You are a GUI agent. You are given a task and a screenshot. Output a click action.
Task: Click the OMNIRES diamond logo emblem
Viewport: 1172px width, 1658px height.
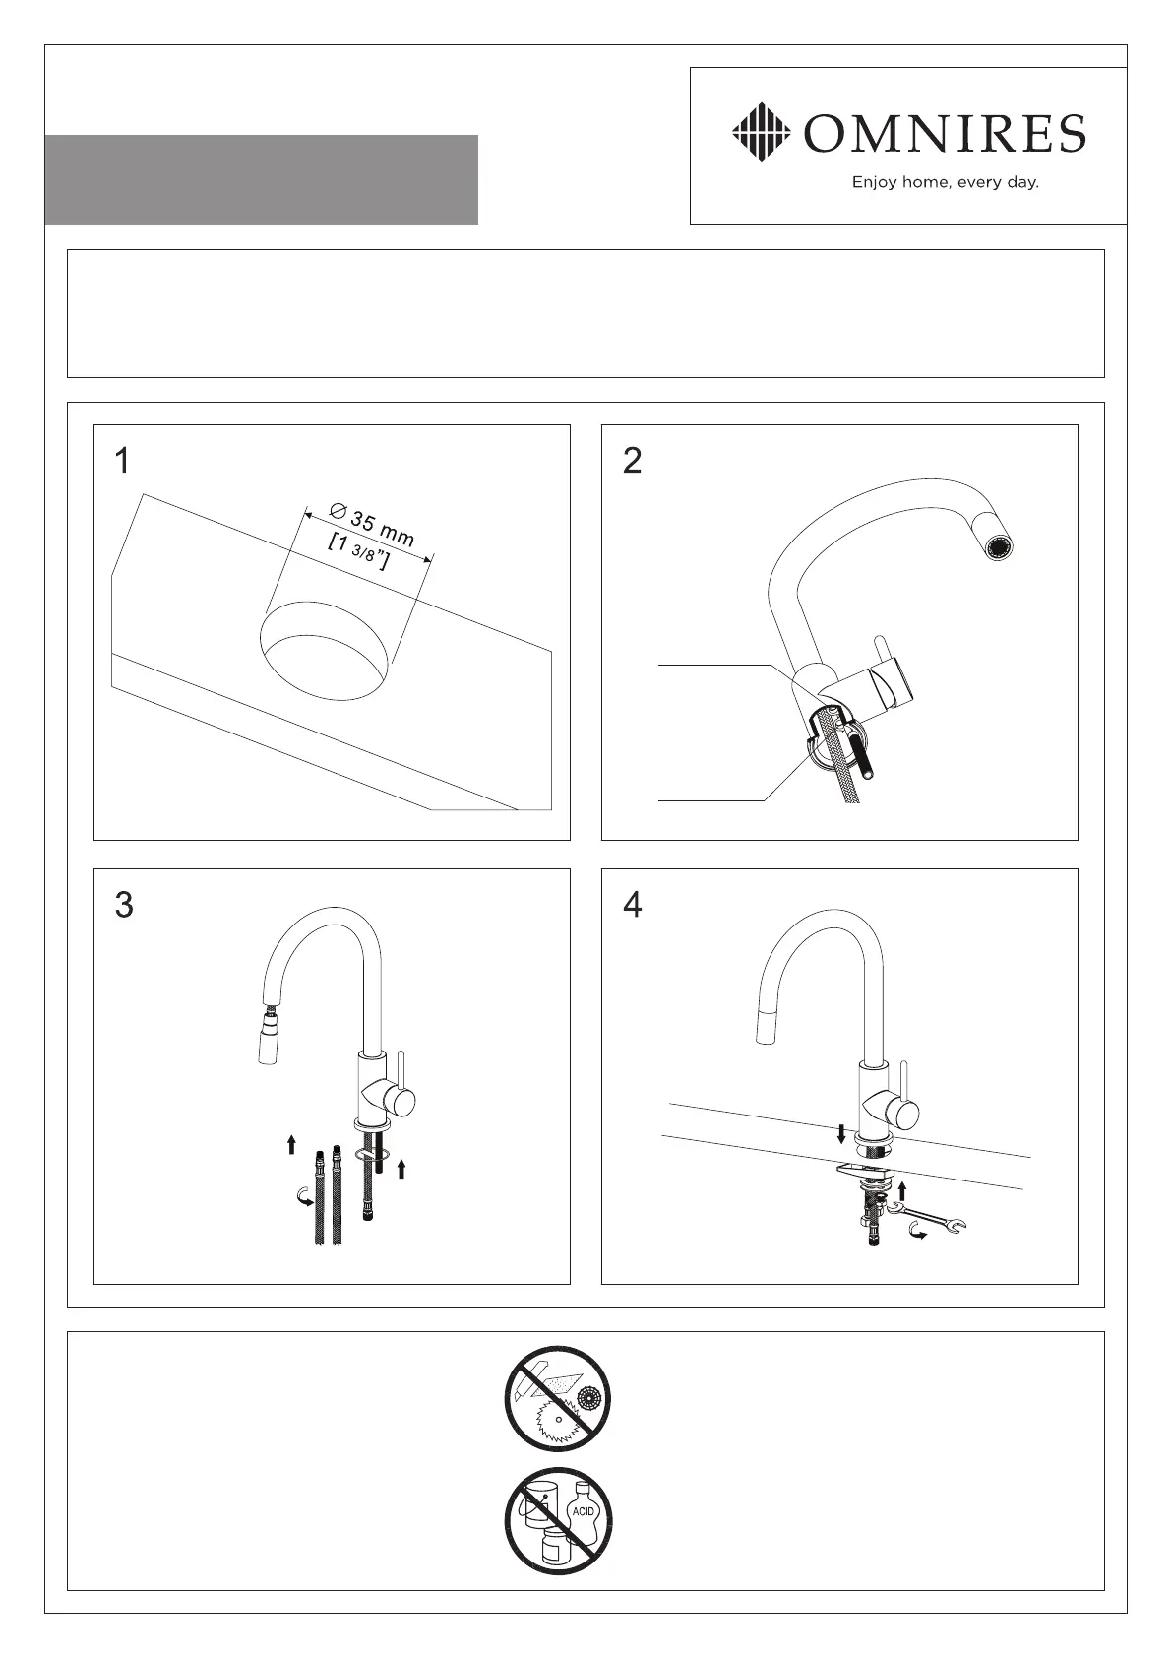[x=762, y=132]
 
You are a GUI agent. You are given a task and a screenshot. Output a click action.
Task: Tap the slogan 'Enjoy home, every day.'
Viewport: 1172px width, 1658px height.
[x=945, y=182]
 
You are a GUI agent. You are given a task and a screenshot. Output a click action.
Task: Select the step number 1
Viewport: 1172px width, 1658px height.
[x=122, y=461]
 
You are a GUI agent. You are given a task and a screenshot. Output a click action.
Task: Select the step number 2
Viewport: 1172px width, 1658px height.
[x=633, y=461]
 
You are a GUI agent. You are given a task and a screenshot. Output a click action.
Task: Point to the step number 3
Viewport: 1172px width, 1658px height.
[x=124, y=905]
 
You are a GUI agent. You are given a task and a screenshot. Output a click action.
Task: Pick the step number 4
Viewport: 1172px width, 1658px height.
[x=633, y=905]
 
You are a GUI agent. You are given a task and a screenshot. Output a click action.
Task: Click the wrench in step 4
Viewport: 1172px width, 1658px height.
[x=929, y=1217]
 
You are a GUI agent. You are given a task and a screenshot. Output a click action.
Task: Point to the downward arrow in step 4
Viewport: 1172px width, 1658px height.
[x=841, y=1134]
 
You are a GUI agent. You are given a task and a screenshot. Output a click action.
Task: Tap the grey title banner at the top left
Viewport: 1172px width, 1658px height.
[x=261, y=180]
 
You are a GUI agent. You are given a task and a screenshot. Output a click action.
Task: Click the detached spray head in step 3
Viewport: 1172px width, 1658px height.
[x=269, y=1043]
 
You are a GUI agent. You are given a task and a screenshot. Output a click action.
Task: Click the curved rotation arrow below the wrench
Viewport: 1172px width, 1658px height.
[x=920, y=1234]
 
